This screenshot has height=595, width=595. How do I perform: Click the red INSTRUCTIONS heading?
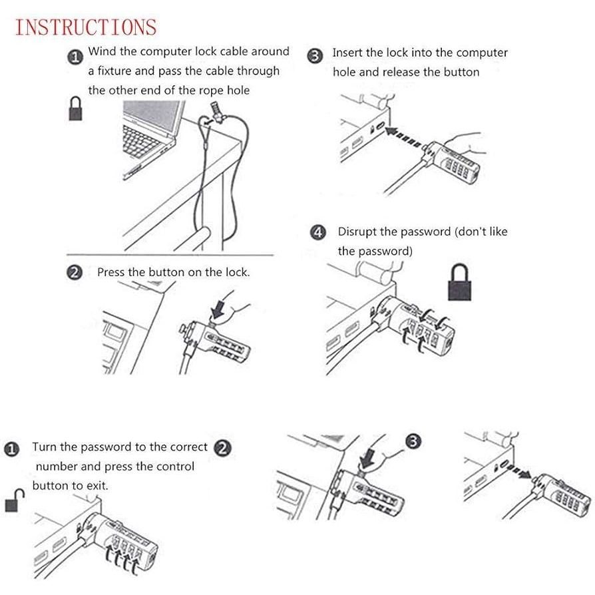click(x=86, y=27)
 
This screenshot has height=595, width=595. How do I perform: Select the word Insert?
click(x=347, y=53)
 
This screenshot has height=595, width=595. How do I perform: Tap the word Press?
click(x=110, y=272)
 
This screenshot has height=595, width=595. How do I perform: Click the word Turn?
click(x=44, y=447)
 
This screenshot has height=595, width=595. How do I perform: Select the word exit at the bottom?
click(x=98, y=486)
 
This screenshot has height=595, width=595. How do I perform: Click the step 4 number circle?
click(x=318, y=232)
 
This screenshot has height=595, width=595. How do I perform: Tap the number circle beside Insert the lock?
click(x=315, y=56)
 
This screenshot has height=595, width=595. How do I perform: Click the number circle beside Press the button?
click(x=75, y=272)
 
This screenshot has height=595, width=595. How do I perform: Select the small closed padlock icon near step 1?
click(x=75, y=108)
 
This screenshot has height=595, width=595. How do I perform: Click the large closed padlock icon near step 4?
click(x=459, y=282)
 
